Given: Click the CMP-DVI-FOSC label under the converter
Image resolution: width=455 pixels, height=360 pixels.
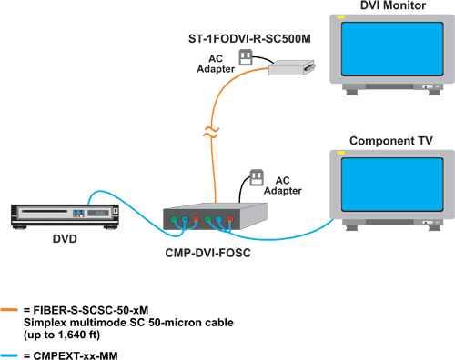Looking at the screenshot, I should point(210,251).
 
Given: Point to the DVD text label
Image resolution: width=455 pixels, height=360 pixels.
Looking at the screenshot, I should point(64,240).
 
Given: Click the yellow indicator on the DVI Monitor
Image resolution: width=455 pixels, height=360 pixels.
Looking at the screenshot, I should point(340,19).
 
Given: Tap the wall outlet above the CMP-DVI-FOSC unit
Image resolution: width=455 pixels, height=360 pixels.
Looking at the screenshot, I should point(256,175).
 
